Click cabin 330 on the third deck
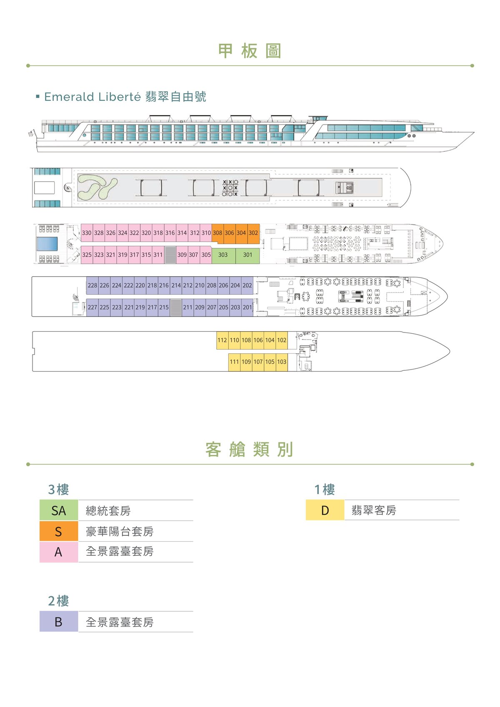coord(87,233)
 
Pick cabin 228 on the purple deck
coord(92,285)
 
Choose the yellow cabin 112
coord(222,340)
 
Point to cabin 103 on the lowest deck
coord(282,362)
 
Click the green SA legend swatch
coord(59,510)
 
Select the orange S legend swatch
coord(59,531)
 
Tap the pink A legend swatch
coord(59,552)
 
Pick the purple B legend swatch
coord(59,622)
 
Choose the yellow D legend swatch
coord(325,510)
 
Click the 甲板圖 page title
coord(250,51)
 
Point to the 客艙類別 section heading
coord(250,450)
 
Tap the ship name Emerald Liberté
coord(92,97)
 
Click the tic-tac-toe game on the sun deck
coord(230,188)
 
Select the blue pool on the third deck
coord(47,244)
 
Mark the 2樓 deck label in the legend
coord(59,601)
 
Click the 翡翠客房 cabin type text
coord(374,510)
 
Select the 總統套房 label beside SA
coord(108,510)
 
